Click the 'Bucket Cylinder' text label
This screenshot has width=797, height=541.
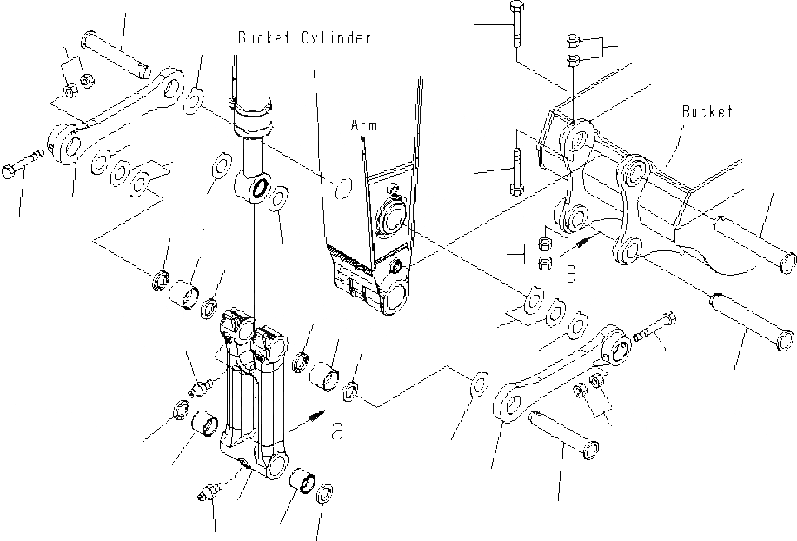pyautogui.click(x=305, y=37)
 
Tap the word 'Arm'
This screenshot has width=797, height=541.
pyautogui.click(x=363, y=125)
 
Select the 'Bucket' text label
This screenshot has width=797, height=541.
pyautogui.click(x=707, y=111)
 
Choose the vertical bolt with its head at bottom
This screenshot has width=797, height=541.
pyautogui.click(x=515, y=170)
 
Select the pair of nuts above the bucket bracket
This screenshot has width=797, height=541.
pyautogui.click(x=573, y=49)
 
